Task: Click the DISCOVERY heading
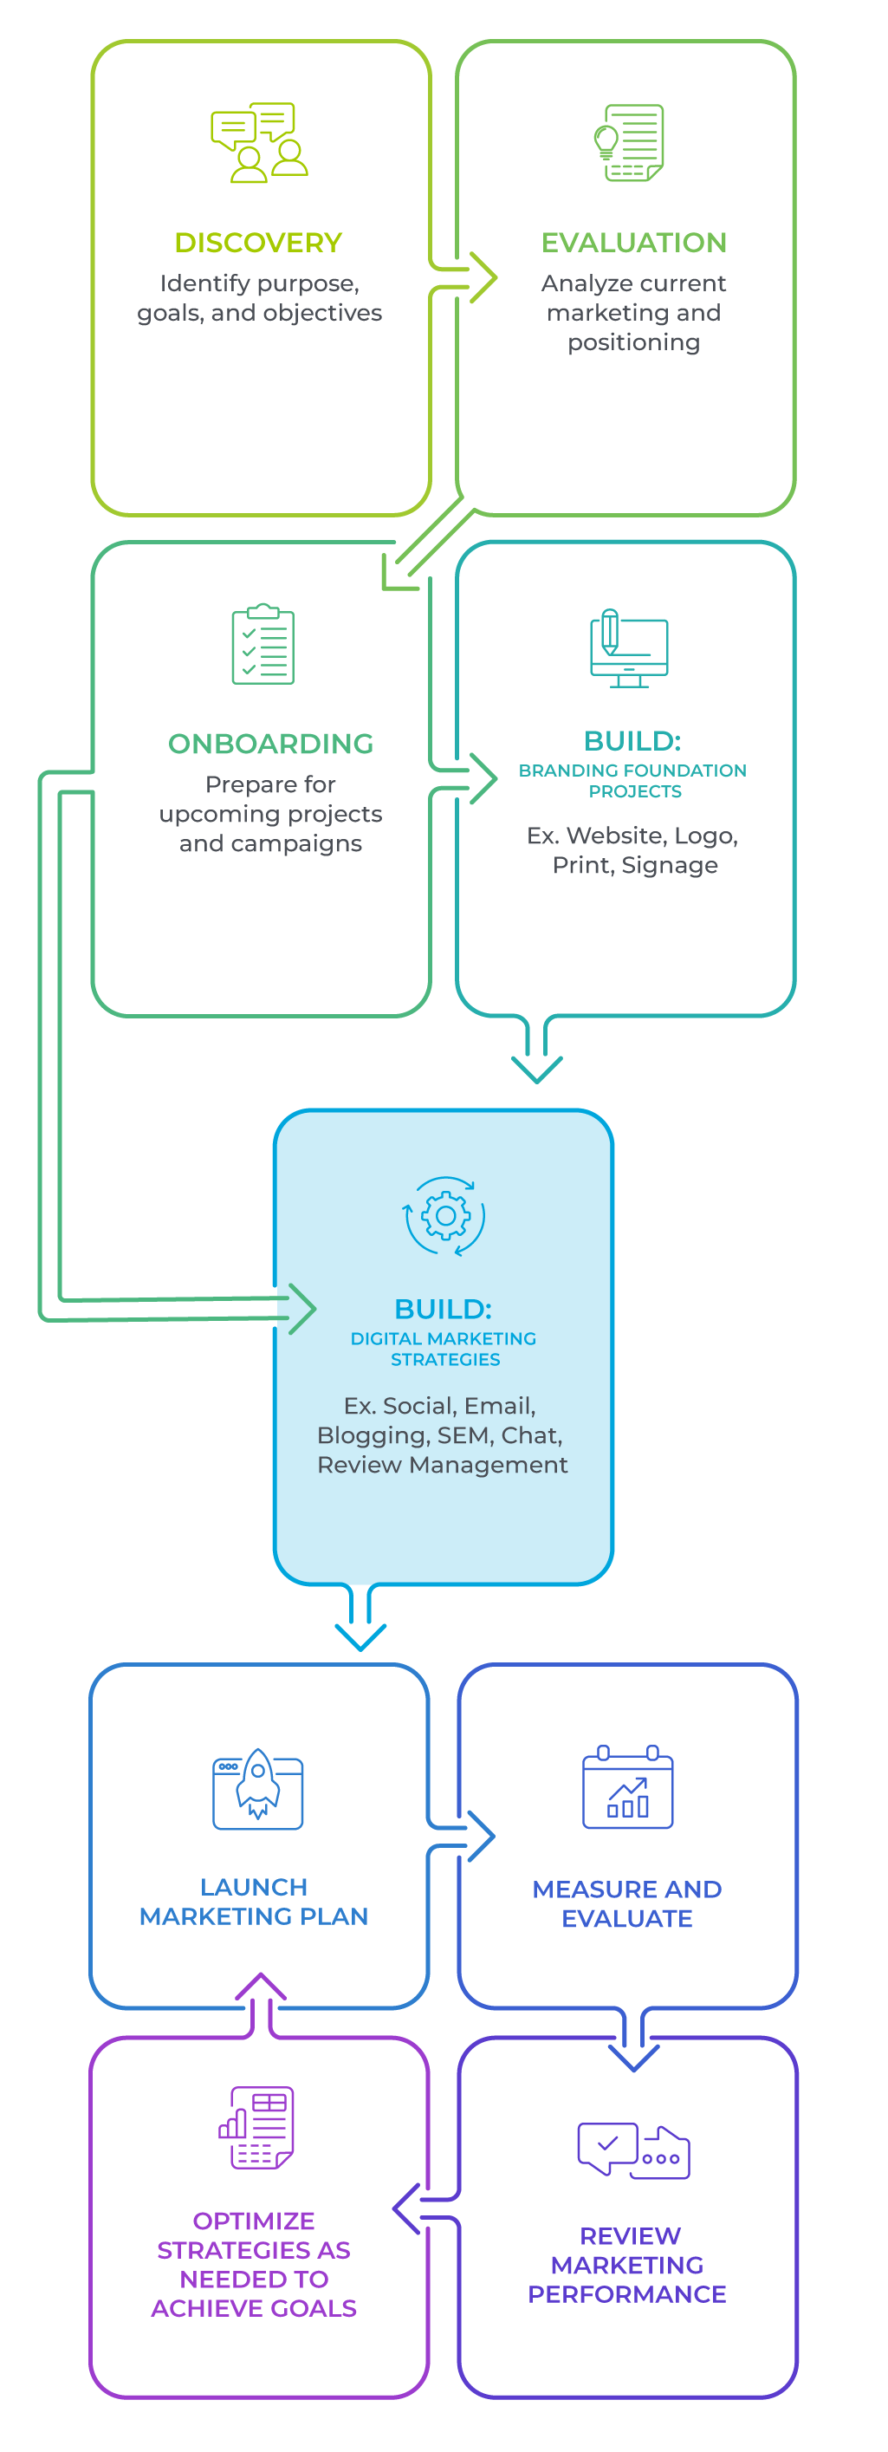point(258,243)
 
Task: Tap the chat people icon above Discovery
point(259,143)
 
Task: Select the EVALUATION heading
point(634,243)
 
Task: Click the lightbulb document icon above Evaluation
point(629,143)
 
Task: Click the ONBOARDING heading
point(270,744)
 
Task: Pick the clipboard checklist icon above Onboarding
point(263,644)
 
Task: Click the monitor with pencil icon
point(628,648)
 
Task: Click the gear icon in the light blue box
point(444,1217)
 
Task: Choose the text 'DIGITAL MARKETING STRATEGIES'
point(444,1349)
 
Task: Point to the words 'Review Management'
point(443,1464)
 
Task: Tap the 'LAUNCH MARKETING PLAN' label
point(254,1901)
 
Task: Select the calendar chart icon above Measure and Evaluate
point(628,1787)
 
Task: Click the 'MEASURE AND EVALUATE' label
point(627,1902)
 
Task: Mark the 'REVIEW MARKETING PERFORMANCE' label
point(628,2265)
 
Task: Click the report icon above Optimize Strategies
point(257,2129)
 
